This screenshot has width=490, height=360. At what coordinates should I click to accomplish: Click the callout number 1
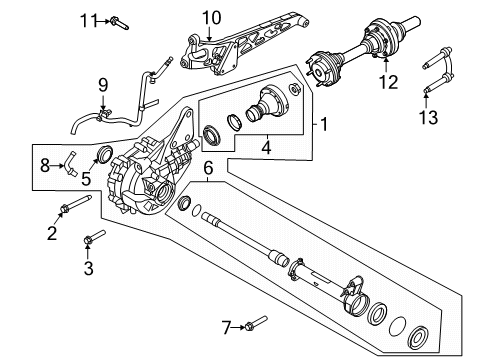322,125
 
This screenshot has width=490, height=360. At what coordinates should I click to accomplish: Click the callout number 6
209,171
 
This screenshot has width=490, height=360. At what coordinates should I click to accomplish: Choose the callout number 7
227,325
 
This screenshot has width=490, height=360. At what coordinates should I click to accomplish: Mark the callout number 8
43,164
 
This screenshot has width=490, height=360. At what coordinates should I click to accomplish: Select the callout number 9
102,86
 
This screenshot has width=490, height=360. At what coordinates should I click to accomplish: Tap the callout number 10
211,16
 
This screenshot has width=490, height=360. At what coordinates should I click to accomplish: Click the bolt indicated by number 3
96,239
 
